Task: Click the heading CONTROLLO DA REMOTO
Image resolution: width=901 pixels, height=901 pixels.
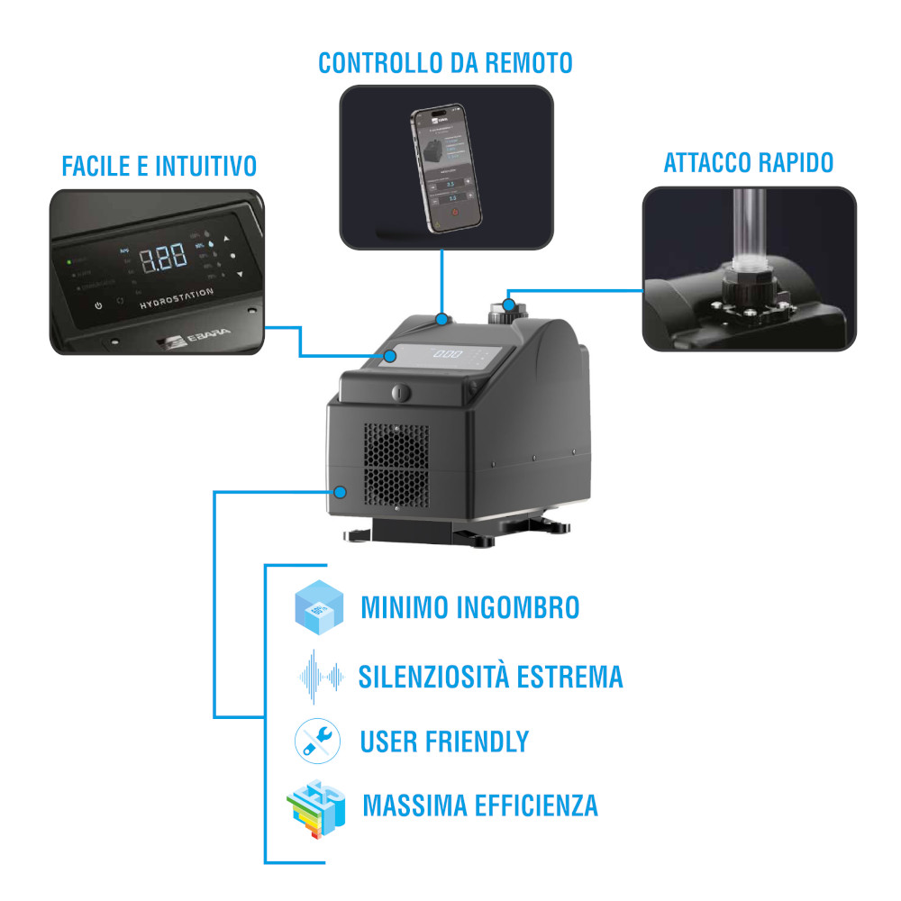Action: point(445,63)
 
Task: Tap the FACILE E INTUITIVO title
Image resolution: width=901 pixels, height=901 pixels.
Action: point(159,167)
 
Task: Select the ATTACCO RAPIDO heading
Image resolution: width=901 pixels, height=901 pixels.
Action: point(749,163)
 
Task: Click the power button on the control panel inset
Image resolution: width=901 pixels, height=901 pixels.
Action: point(98,305)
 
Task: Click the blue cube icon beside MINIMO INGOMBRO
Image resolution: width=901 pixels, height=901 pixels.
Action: point(319,606)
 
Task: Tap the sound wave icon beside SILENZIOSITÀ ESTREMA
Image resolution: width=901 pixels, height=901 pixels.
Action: point(319,675)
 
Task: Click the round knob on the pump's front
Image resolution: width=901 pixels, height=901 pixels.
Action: point(401,393)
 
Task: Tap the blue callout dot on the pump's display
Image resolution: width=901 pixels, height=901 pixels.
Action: point(390,356)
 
